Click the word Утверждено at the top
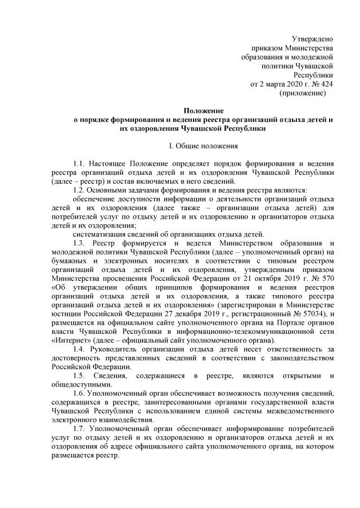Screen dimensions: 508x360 coord(312,39)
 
